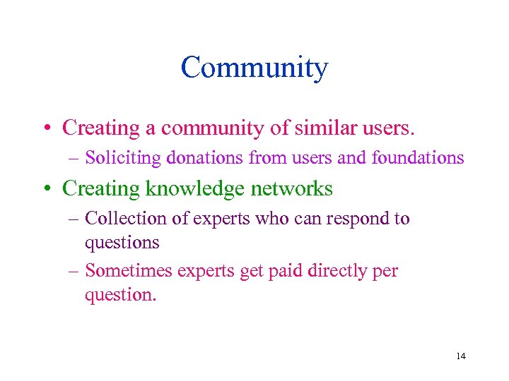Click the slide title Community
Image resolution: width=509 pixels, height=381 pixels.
tap(255, 68)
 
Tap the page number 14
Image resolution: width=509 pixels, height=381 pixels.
tap(461, 356)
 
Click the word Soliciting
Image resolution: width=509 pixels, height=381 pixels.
tap(123, 157)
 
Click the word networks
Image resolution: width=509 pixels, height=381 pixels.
tap(293, 188)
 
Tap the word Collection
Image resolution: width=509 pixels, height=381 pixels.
tap(124, 219)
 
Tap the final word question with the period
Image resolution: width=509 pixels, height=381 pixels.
tap(120, 295)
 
